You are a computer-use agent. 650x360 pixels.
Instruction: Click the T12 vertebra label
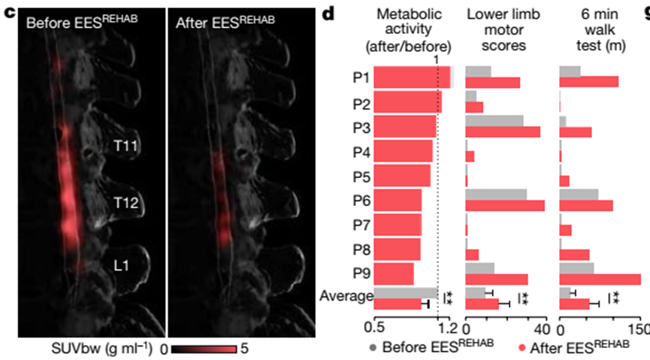pos(129,202)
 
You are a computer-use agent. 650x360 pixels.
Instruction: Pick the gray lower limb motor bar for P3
pos(494,120)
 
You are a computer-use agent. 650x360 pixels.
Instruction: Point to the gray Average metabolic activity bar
pos(405,292)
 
